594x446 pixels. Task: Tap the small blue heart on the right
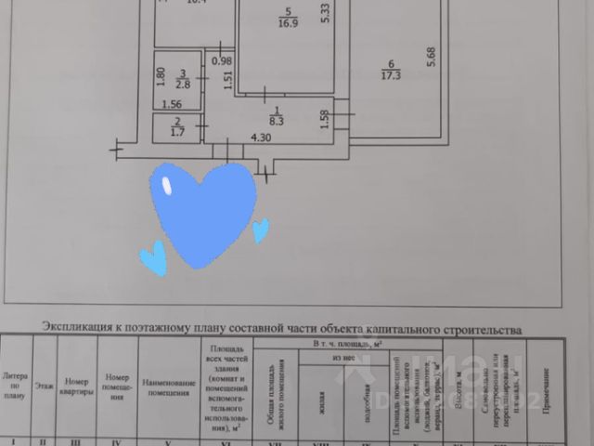click(x=261, y=229)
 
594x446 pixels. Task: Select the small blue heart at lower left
click(x=153, y=257)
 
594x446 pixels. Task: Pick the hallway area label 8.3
click(x=275, y=119)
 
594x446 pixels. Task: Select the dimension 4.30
click(x=262, y=138)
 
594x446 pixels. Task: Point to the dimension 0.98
click(x=221, y=61)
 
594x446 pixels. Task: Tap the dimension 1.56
click(x=173, y=104)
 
